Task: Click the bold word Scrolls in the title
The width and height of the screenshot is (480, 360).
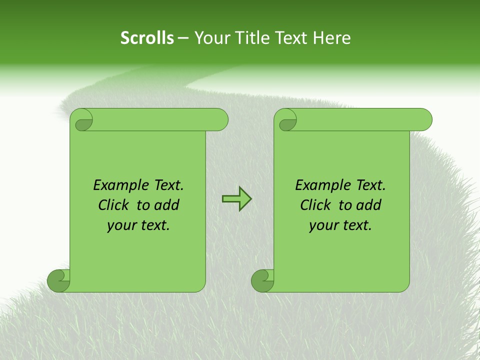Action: pos(147,38)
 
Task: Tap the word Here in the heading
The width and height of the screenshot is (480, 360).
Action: pos(331,38)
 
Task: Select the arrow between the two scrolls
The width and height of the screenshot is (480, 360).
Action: pos(236,199)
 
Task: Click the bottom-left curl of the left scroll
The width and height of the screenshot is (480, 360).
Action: pos(58,280)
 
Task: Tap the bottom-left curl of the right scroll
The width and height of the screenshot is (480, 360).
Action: pos(262,280)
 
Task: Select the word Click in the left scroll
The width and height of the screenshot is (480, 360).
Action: pos(114,205)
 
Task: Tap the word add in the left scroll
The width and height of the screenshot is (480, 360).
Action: pos(167,205)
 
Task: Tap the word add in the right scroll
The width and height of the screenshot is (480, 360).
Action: pos(369,205)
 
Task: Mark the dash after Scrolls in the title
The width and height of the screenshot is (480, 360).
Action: pos(183,38)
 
